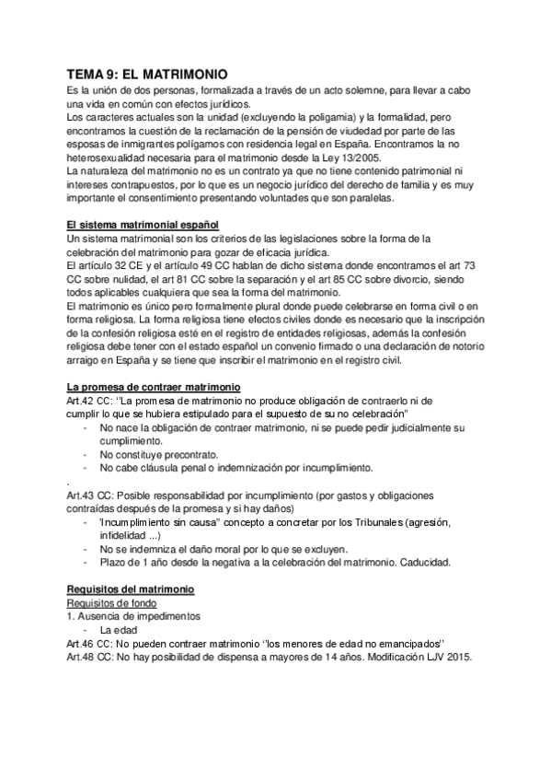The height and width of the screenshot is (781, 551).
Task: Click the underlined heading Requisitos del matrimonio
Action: tap(131, 589)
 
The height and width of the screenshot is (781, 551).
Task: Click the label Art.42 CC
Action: tap(89, 402)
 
